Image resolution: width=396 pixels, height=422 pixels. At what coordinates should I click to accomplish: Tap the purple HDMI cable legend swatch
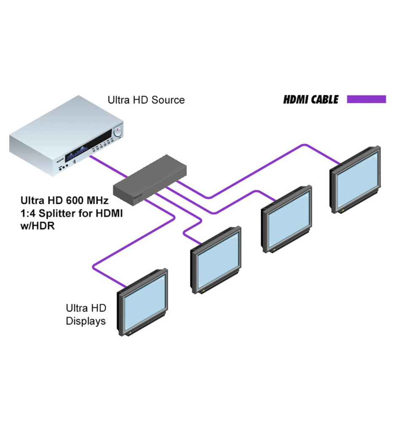[366, 100]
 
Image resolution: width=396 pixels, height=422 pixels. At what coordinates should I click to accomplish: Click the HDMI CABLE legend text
[311, 100]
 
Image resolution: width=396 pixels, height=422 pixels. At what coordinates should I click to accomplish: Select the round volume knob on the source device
[118, 132]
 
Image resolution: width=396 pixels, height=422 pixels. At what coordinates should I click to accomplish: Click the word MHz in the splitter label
[100, 199]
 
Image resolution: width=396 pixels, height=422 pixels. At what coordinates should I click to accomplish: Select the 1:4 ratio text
[28, 213]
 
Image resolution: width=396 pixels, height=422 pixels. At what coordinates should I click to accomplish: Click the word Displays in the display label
[86, 321]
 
